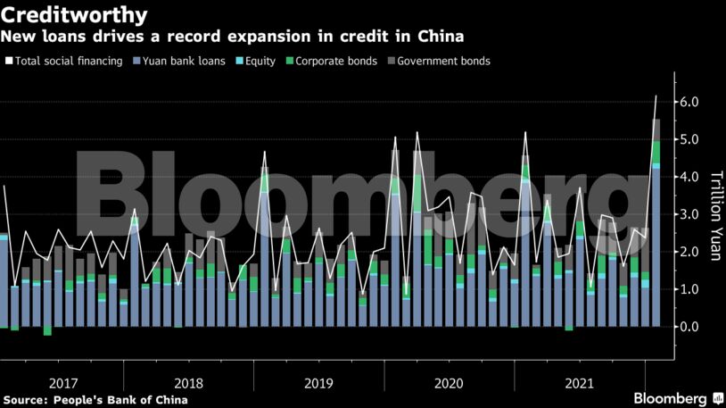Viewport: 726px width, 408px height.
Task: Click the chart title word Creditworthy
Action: [x=74, y=15]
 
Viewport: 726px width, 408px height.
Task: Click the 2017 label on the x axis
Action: [x=64, y=383]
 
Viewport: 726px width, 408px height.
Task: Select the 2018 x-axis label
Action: [x=190, y=383]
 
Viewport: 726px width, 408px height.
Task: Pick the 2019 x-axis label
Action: [x=319, y=383]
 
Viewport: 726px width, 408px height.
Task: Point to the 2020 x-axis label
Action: [x=450, y=383]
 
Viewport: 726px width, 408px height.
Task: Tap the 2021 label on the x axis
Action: [x=579, y=383]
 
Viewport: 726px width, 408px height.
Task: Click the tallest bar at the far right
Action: [x=656, y=223]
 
